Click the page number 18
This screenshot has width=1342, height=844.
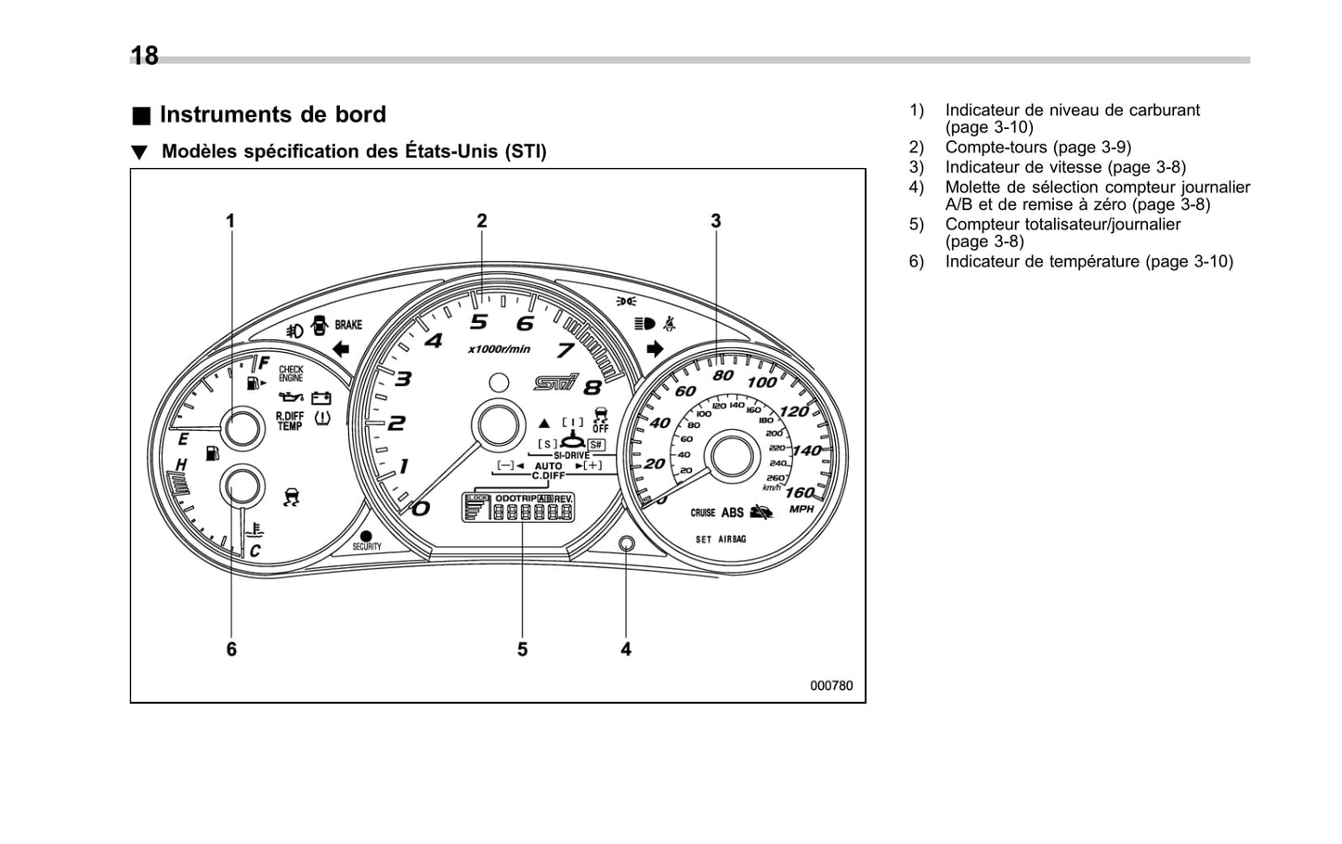[145, 57]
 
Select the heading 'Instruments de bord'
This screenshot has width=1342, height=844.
[272, 114]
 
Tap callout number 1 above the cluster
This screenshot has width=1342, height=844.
[230, 221]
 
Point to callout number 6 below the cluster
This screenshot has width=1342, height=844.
[231, 649]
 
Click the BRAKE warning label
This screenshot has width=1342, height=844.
[348, 325]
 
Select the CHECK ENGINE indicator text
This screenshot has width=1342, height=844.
[291, 374]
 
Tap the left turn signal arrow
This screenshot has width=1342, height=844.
[340, 349]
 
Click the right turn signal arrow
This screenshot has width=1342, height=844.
[655, 349]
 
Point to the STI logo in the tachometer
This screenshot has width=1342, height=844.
[555, 382]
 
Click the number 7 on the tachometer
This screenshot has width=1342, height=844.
[565, 351]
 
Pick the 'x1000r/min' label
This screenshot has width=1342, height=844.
[499, 349]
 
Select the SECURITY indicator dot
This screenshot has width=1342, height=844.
[366, 537]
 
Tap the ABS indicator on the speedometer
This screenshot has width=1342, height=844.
[733, 513]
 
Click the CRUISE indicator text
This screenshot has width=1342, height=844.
[702, 513]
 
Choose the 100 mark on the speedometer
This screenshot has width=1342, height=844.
[762, 382]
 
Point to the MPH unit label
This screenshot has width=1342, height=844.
[801, 509]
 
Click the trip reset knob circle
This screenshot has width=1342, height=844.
[626, 543]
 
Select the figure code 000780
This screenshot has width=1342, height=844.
[830, 685]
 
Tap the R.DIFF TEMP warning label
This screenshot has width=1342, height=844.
[290, 422]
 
